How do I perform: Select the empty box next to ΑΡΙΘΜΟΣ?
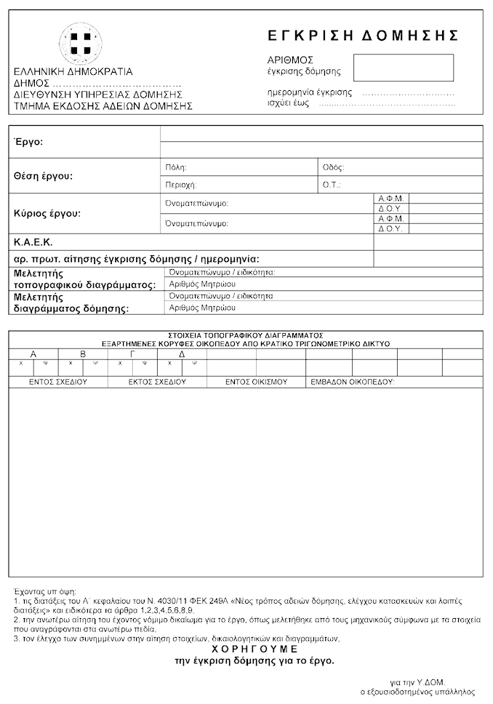pos(403,68)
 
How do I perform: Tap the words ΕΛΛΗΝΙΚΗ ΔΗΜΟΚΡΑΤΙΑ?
pos(73,73)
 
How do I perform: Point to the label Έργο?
pos(29,142)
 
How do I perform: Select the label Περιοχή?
pos(182,185)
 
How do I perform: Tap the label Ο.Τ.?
pos(332,185)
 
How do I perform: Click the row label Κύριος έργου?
pos(47,214)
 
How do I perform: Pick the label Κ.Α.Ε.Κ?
pos(33,242)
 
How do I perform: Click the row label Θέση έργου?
pos(44,176)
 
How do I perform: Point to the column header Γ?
pos(132,353)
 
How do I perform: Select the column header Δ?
pos(182,353)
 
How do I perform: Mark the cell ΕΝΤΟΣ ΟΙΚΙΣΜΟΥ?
pos(256,381)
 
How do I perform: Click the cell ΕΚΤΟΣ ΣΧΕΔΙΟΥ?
pos(157,381)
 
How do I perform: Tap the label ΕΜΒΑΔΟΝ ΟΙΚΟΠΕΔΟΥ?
pos(353,381)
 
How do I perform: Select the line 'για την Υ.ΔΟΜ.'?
pos(416,683)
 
